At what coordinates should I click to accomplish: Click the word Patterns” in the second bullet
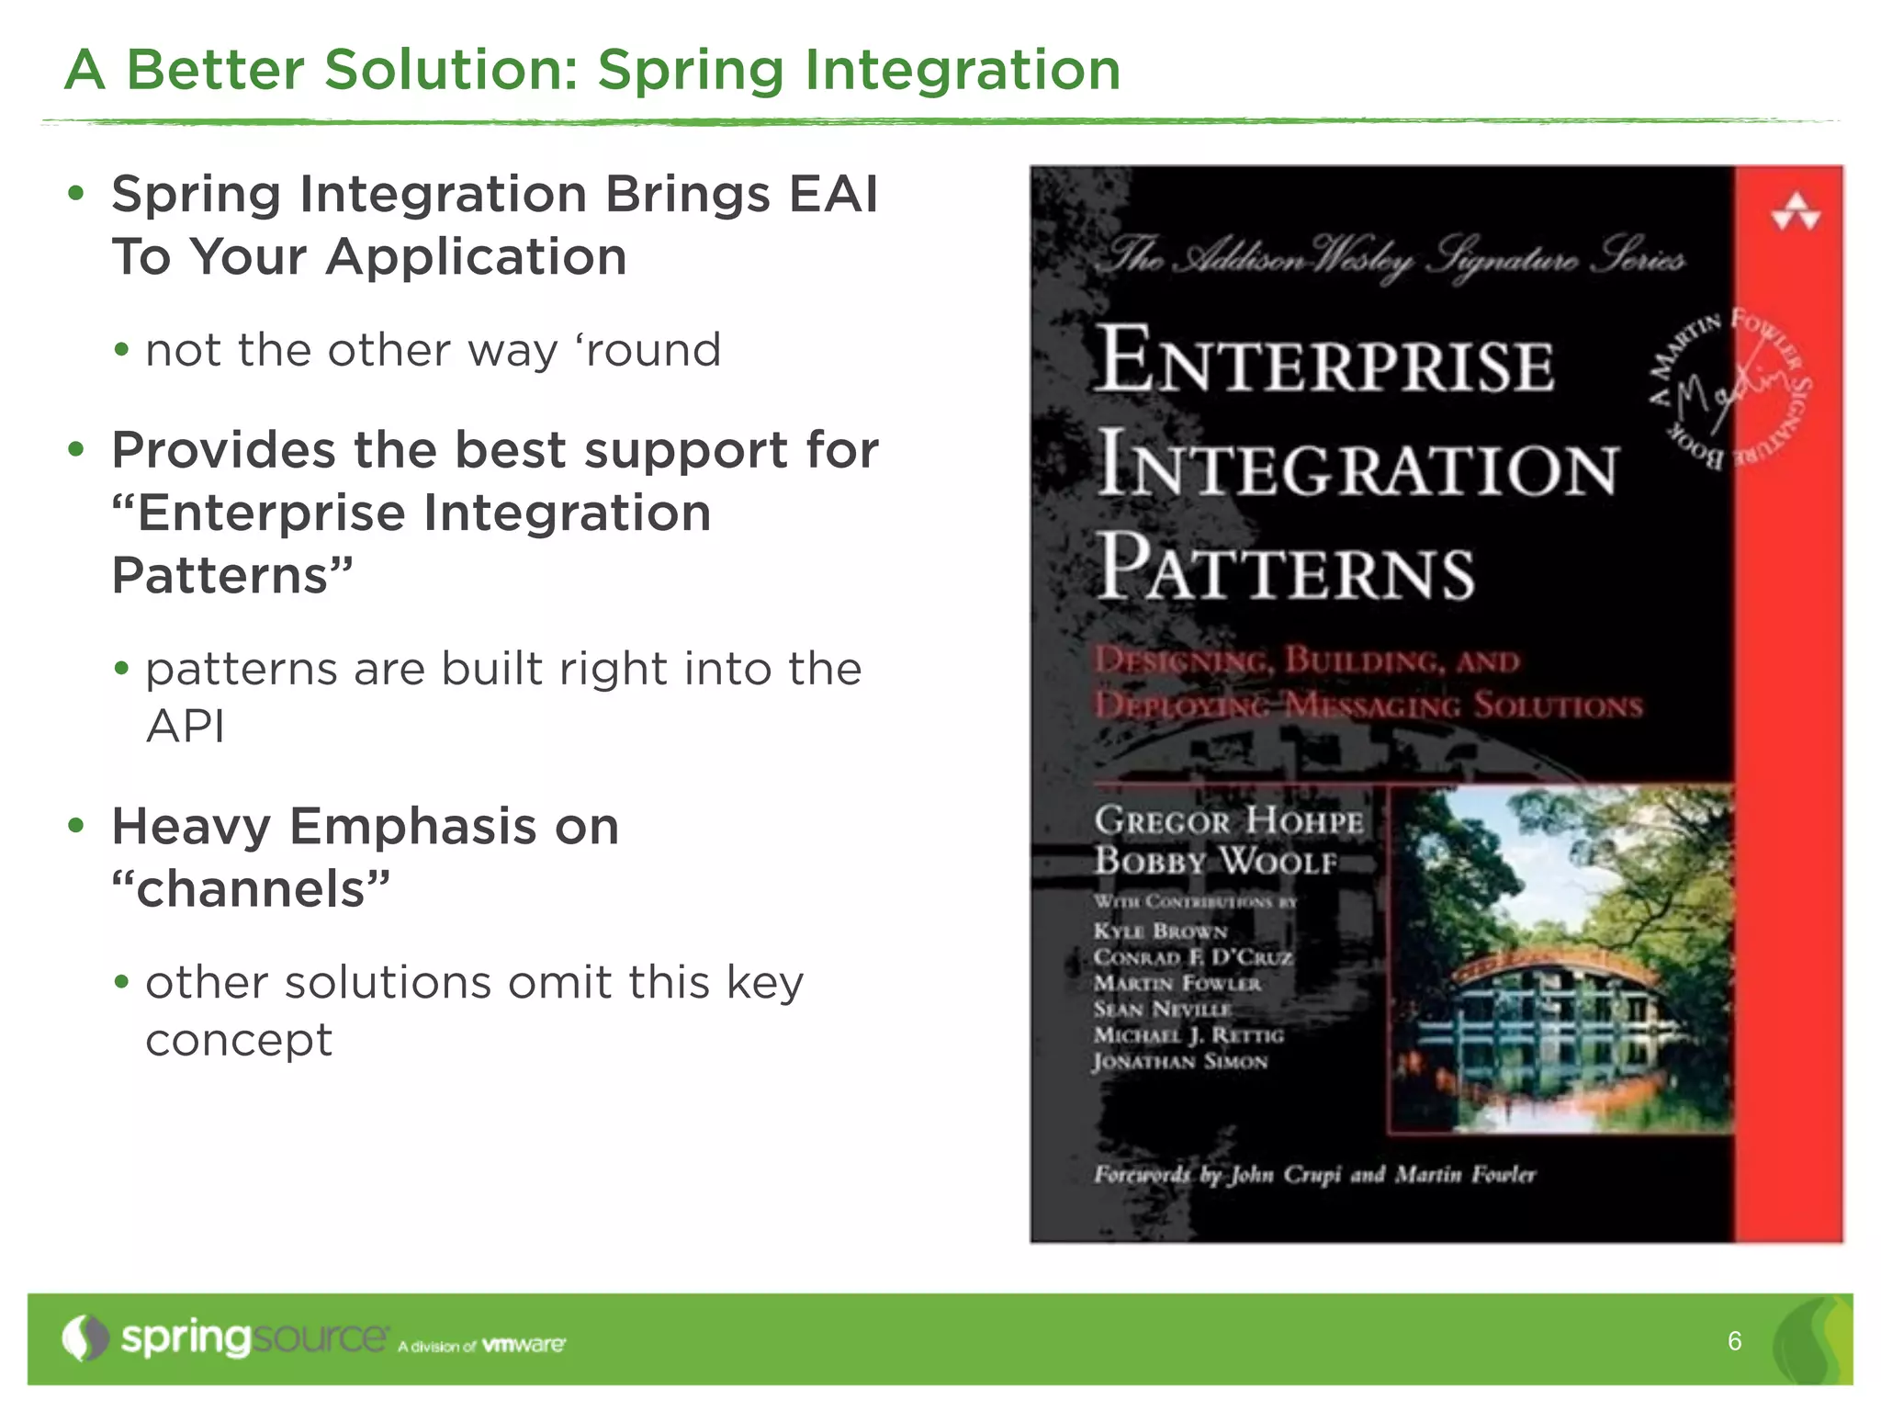[x=232, y=575]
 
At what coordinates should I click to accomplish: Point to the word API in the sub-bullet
[x=185, y=727]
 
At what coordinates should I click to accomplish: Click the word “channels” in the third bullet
[x=251, y=888]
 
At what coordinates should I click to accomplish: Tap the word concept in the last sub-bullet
[x=239, y=1040]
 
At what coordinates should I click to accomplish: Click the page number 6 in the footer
[x=1734, y=1341]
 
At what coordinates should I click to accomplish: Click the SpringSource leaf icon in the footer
[x=84, y=1338]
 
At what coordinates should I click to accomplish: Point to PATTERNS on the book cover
[x=1286, y=570]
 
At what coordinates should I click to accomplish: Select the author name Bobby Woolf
[x=1214, y=862]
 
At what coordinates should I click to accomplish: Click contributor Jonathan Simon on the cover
[x=1180, y=1062]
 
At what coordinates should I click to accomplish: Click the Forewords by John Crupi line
[x=1313, y=1175]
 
